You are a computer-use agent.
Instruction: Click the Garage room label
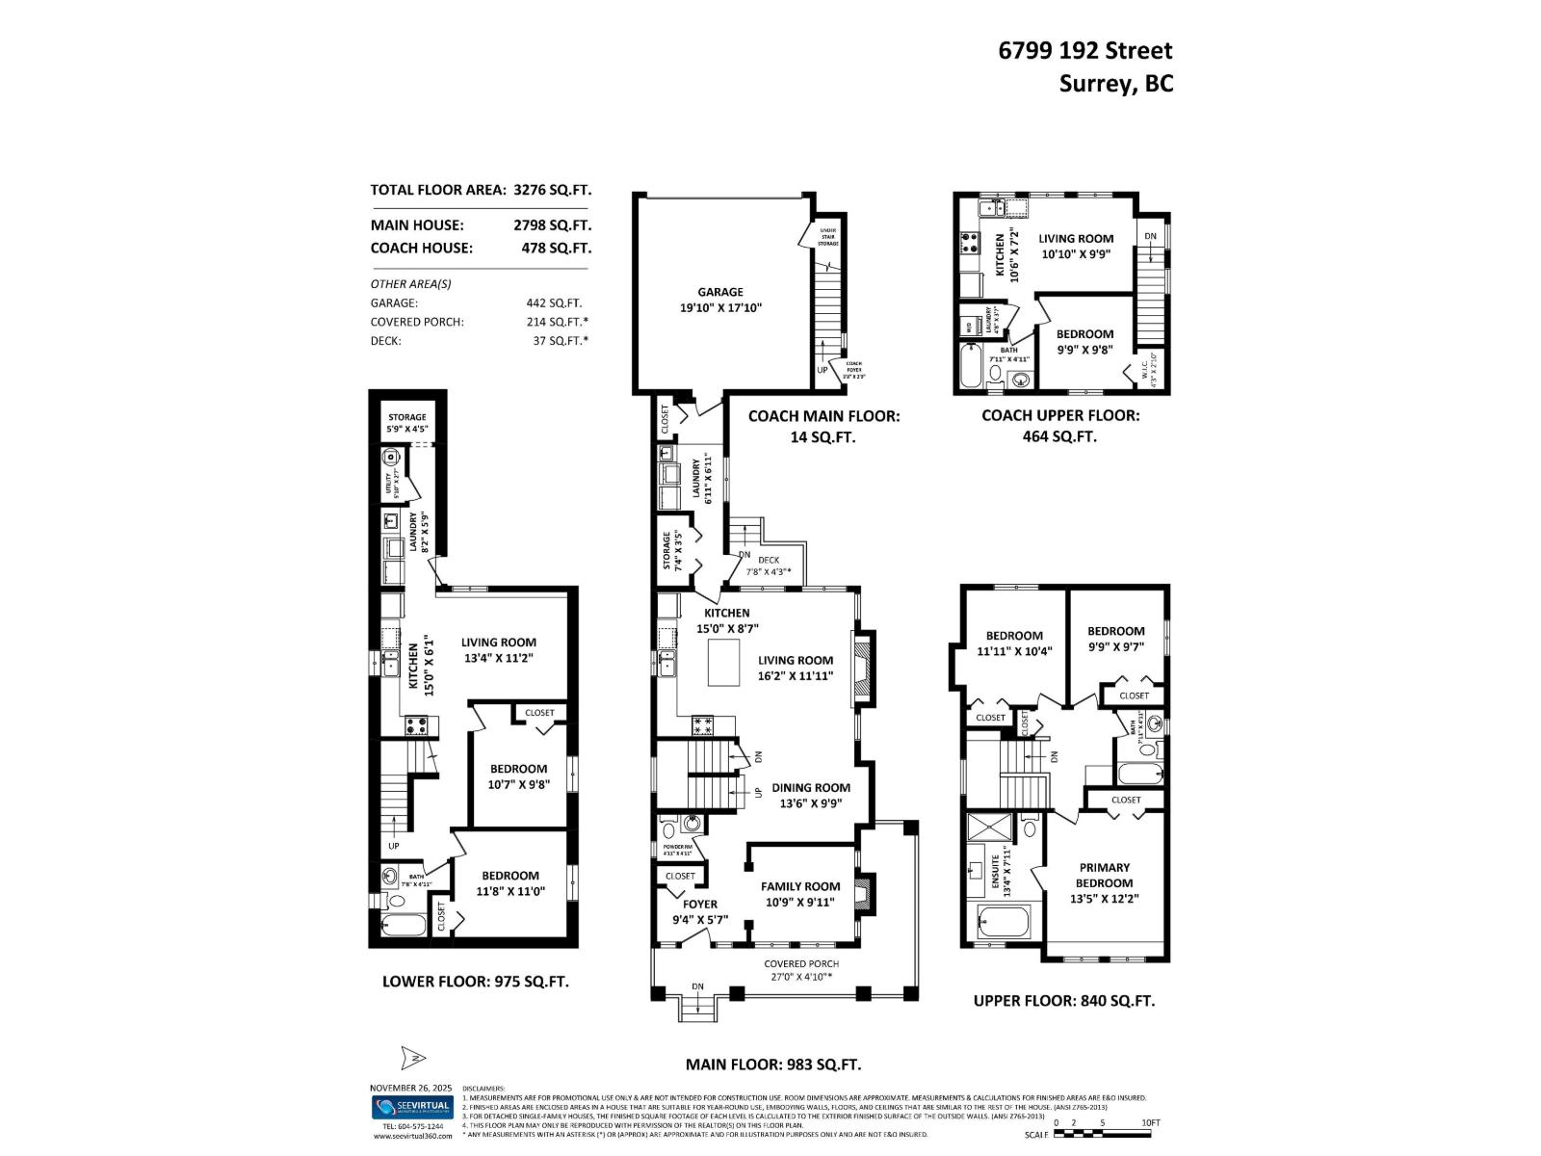[x=720, y=300]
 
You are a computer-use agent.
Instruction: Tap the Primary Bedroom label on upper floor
[x=1104, y=882]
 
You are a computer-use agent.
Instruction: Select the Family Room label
[x=800, y=894]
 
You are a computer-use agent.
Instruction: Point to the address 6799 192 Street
[x=1085, y=51]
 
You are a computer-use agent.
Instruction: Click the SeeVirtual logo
[x=412, y=1107]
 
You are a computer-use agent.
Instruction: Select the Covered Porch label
[x=801, y=970]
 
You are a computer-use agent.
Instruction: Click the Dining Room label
[x=811, y=795]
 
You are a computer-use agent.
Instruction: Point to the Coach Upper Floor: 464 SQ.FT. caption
[x=1060, y=425]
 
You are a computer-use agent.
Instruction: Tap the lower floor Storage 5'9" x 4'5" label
[x=407, y=423]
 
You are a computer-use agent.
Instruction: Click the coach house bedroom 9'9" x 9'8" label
[x=1084, y=342]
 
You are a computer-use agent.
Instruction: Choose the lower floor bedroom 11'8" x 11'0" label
[x=510, y=883]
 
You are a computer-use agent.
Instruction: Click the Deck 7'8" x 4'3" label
[x=769, y=565]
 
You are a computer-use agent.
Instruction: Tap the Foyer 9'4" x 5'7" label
[x=700, y=911]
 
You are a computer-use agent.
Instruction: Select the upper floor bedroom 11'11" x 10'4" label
[x=1014, y=643]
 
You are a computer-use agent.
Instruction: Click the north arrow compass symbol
[x=412, y=1058]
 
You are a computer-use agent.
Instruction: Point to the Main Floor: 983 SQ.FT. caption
[x=772, y=1064]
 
